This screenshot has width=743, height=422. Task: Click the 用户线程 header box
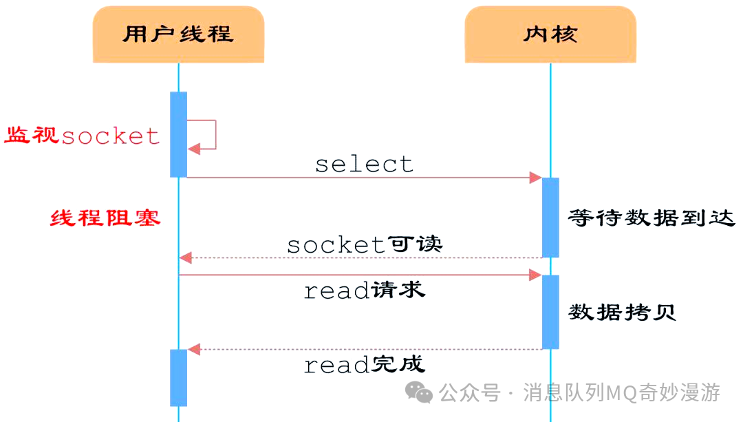coord(178,34)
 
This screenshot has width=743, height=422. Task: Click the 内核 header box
coord(550,34)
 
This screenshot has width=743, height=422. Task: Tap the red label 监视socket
coord(83,136)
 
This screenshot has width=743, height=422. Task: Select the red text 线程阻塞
coord(105,218)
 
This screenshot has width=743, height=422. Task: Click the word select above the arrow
coord(364,164)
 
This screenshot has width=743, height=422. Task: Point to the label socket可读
coord(364,244)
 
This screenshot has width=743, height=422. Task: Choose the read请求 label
coord(364,291)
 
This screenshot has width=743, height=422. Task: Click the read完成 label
coord(364,364)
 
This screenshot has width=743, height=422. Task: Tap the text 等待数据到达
coord(651,219)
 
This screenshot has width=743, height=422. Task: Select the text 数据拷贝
coord(622,312)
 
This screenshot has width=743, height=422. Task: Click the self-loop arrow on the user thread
coord(206,134)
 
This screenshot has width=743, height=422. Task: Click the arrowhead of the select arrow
coord(535,178)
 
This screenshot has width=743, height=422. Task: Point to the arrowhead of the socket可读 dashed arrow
coord(185,258)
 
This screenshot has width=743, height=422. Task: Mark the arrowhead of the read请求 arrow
coord(535,275)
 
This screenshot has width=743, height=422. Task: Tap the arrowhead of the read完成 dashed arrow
coord(194,350)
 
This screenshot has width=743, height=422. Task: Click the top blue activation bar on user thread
coord(178,134)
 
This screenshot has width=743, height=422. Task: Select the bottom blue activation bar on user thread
coord(178,377)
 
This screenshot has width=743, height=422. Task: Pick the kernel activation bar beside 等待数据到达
coord(550,218)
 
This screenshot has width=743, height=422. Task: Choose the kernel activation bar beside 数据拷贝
coord(550,312)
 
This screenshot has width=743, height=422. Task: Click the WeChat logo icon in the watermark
coord(419,392)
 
